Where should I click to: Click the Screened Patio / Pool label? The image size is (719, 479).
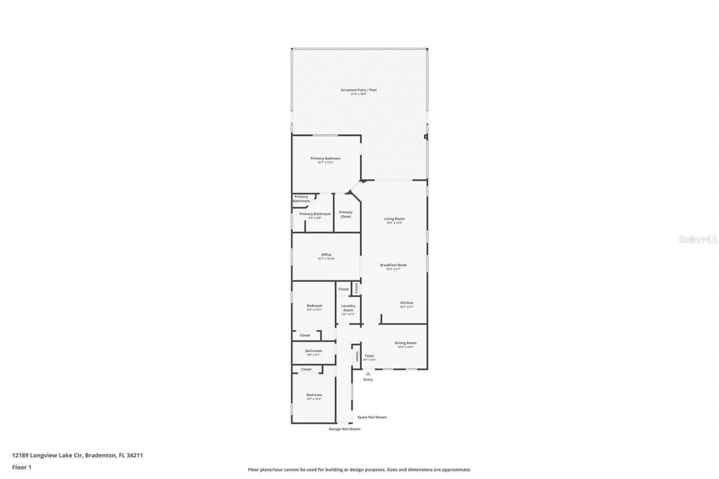tap(358, 90)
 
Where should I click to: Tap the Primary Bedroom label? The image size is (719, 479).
tap(325, 159)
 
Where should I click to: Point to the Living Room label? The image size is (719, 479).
tap(394, 219)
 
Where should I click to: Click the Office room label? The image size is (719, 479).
tap(326, 255)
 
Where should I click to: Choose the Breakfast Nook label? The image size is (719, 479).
tap(393, 265)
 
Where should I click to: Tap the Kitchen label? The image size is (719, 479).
tap(407, 303)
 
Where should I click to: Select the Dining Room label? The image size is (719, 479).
tap(405, 343)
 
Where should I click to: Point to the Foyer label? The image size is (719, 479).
tap(369, 356)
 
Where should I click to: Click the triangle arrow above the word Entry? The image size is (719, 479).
tap(368, 373)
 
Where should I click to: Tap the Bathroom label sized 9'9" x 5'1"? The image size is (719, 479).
tap(313, 351)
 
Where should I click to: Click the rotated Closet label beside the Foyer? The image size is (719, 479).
tap(357, 356)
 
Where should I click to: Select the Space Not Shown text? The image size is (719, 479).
tap(372, 417)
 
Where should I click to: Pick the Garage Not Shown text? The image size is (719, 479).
tap(344, 429)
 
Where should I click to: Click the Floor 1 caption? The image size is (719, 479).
tap(21, 467)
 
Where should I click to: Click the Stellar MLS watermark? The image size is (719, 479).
tap(698, 239)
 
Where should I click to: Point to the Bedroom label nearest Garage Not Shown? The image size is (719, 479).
tap(314, 395)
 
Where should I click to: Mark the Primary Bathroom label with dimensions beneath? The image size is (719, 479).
tap(315, 214)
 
